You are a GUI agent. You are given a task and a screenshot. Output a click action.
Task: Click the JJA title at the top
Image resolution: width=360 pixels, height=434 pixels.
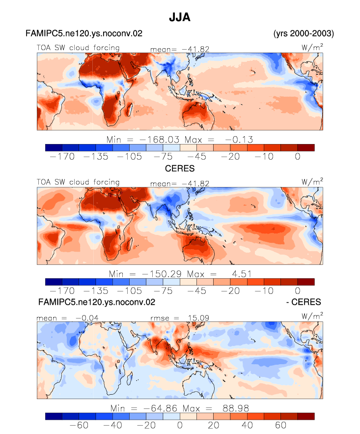point(180,17)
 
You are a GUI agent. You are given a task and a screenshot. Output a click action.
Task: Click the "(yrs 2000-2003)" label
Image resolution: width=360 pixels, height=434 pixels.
point(304,33)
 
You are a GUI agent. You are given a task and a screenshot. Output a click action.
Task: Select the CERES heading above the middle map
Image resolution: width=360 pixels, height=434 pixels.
point(180,168)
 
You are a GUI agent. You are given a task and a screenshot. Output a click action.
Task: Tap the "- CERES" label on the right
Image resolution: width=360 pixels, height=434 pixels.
point(304,302)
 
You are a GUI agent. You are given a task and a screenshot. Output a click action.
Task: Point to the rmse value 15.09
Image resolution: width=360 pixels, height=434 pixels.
point(198,318)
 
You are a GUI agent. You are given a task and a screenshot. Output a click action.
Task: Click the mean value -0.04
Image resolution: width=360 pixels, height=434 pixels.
point(87,318)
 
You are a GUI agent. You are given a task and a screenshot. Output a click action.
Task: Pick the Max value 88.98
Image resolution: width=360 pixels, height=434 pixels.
point(236,408)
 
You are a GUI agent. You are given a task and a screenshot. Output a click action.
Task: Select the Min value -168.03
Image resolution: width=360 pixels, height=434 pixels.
point(160,140)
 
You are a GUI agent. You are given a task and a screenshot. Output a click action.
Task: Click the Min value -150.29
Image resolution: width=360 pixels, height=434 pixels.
point(162,274)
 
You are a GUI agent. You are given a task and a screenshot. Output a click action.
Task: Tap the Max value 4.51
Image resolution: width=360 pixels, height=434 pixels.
point(242,274)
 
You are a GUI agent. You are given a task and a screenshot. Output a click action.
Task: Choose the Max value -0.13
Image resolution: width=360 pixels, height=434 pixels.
point(239,140)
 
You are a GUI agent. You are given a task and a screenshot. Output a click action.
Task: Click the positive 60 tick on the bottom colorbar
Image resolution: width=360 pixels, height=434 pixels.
point(280,425)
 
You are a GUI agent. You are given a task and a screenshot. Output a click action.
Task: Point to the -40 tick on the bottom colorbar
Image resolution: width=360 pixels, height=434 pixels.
point(112,425)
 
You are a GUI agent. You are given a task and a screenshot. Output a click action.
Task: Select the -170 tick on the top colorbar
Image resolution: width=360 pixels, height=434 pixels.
point(62,157)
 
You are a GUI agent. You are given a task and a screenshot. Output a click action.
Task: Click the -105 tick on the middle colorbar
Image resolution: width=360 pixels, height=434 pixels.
point(129,291)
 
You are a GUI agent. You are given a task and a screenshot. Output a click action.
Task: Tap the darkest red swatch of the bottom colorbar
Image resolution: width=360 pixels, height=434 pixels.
point(306,416)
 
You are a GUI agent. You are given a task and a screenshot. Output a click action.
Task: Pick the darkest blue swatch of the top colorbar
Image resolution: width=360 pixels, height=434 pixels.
point(54,147)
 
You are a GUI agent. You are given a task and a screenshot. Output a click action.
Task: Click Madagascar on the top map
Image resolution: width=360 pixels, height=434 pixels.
point(129,110)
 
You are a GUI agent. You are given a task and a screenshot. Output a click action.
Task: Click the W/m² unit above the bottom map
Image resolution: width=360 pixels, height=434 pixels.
point(312,316)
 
